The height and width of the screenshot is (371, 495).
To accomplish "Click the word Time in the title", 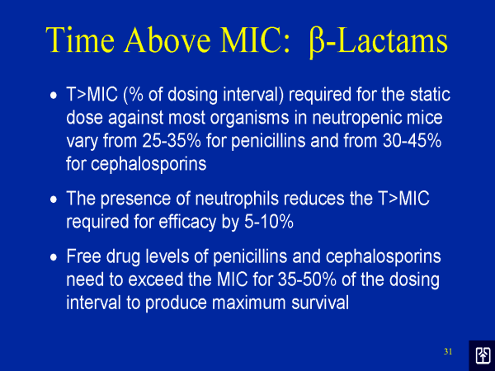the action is [80, 40].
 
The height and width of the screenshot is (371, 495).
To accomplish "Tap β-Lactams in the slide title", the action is [378, 41].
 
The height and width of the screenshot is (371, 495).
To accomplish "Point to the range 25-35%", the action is [172, 140].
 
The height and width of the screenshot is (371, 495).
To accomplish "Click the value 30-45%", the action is [412, 140].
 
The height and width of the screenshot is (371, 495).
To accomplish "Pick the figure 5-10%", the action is [269, 222].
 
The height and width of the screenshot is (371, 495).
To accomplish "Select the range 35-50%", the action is [307, 279].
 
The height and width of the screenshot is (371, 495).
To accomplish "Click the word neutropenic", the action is [357, 118].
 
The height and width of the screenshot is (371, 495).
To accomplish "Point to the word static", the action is [431, 94].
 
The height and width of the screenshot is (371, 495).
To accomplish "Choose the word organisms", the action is [249, 118].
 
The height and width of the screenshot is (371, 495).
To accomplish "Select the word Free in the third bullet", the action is [83, 256].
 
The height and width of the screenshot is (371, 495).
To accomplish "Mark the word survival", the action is [320, 303].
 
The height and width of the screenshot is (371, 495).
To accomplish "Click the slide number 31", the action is [448, 351].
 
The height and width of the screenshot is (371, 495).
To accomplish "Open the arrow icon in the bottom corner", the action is [483, 355].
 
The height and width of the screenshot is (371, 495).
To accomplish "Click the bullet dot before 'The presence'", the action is [54, 200].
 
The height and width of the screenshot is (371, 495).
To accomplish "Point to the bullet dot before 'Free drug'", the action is [54, 257].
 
